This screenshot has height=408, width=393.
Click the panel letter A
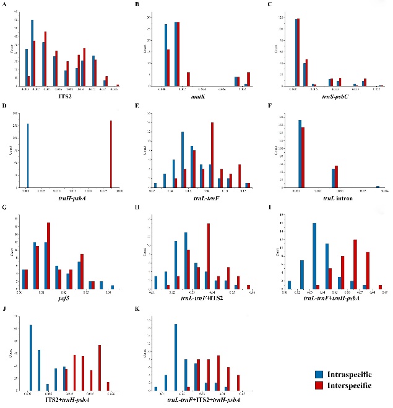point(5,5)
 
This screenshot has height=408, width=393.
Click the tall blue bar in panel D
point(28,155)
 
